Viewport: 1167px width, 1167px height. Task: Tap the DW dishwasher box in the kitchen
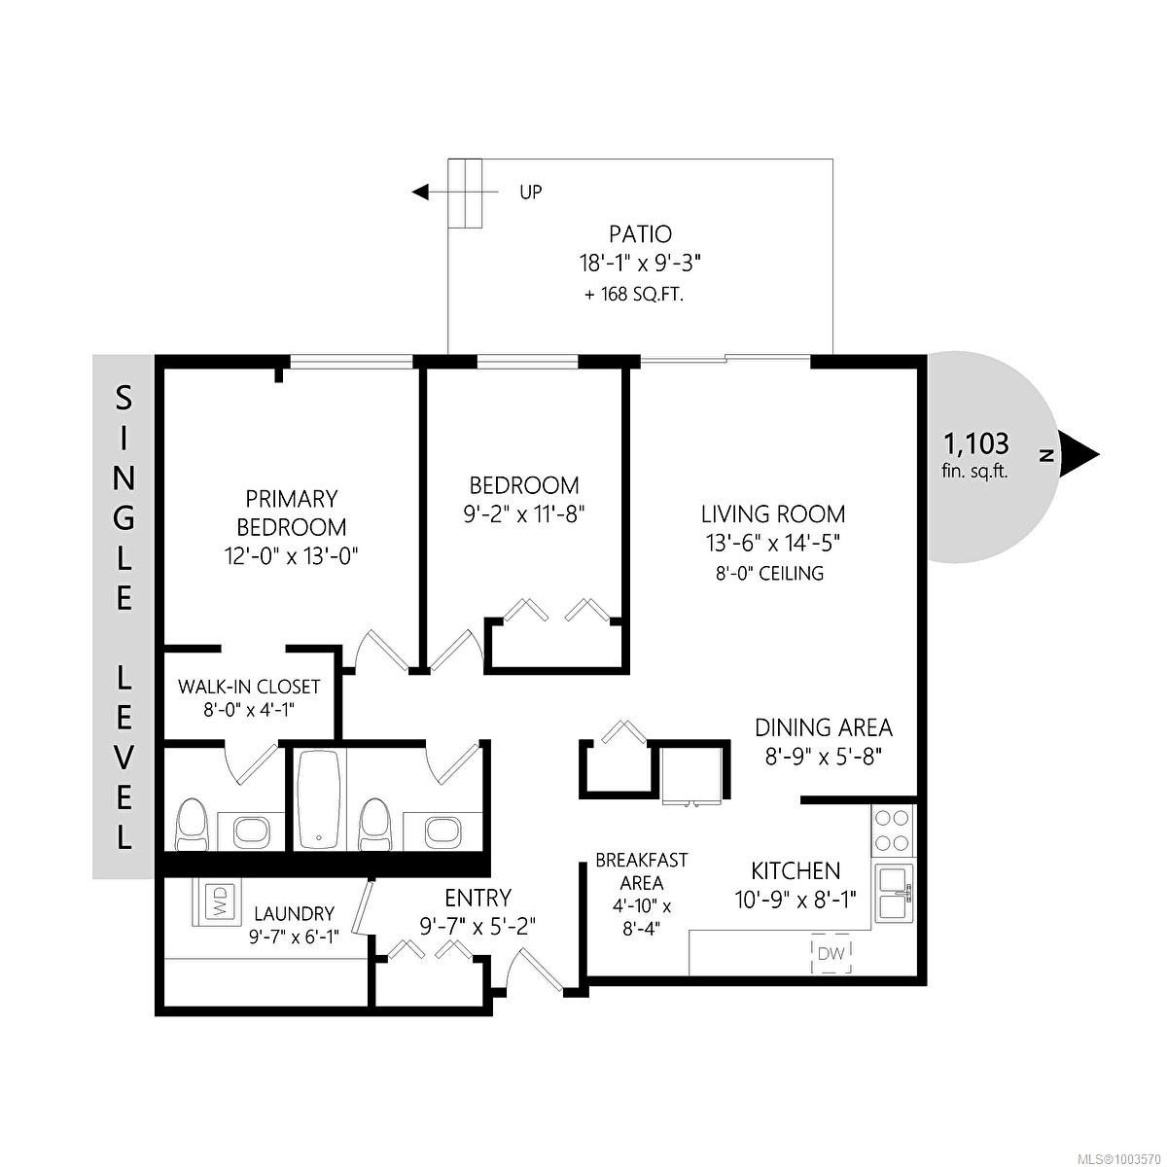coord(831,953)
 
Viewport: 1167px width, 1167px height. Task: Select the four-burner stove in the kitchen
coord(892,830)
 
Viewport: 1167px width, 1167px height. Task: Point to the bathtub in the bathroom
coord(319,798)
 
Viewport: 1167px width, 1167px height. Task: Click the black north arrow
coord(1079,455)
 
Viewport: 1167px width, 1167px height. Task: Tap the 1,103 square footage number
coord(976,442)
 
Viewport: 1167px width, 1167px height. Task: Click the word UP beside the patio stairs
coord(531,193)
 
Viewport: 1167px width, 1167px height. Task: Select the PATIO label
coord(640,233)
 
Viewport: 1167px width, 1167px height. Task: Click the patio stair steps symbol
coord(465,194)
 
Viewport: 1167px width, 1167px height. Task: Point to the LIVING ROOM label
coord(773,514)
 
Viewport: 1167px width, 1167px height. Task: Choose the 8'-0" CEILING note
coord(769,573)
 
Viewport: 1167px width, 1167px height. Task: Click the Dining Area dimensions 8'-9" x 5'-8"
coord(823,757)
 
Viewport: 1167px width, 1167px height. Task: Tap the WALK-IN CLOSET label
coord(249,687)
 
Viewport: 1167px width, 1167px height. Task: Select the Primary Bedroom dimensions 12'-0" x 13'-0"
coord(292,555)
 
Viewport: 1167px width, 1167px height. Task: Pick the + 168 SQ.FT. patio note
coord(633,295)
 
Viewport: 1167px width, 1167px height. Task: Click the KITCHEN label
coord(796,870)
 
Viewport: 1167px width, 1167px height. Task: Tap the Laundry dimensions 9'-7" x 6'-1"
coord(294,937)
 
